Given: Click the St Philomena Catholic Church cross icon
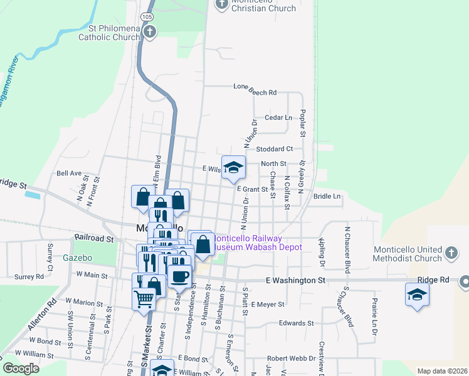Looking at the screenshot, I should click(149, 31).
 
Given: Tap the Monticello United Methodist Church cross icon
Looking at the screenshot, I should click(450, 253).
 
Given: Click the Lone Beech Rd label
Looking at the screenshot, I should click(255, 93).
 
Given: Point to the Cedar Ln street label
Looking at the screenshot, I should click(279, 117).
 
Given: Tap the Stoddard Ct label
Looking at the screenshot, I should click(275, 149).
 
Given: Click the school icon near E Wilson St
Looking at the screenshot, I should click(233, 167).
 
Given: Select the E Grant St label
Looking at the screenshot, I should click(252, 189).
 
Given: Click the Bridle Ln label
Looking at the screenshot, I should click(327, 196).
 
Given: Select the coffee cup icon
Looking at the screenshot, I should click(179, 276).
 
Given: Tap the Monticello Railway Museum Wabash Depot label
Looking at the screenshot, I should click(258, 243).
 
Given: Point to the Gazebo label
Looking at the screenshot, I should click(78, 258).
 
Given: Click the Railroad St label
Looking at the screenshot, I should click(94, 239).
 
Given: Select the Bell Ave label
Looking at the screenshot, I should click(69, 173).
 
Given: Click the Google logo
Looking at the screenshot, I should click(21, 368).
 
